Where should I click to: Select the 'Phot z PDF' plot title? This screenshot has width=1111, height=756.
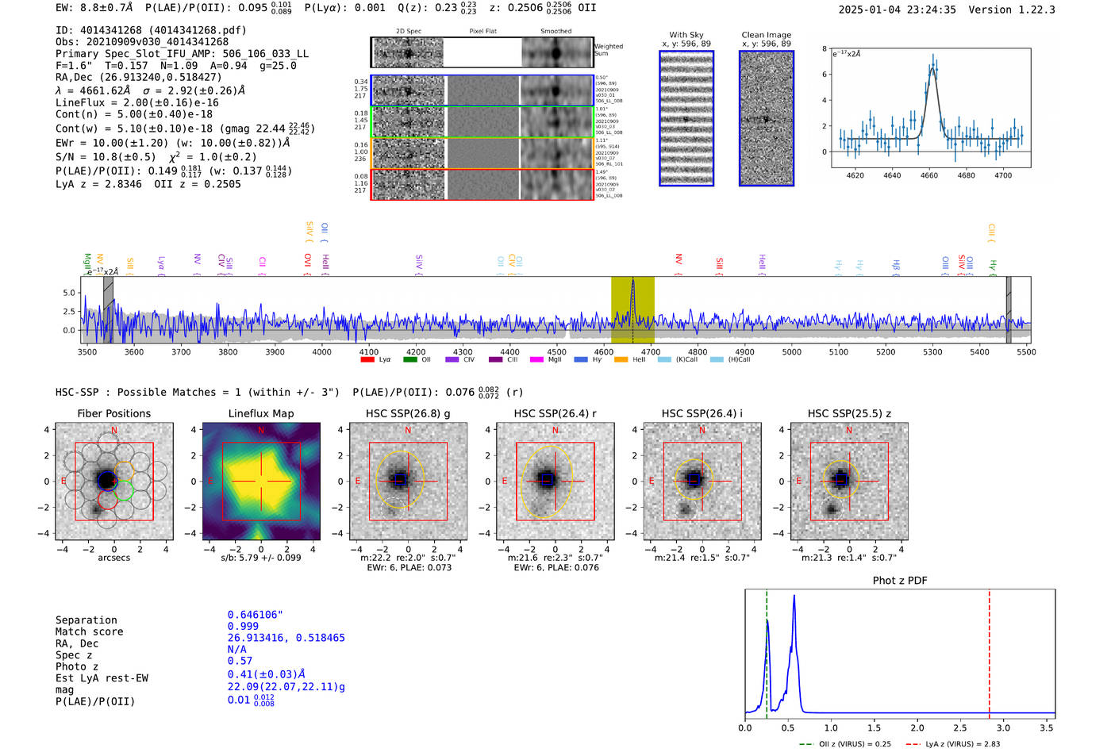coord(900,581)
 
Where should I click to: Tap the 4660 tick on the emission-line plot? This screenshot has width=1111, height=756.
coord(929,175)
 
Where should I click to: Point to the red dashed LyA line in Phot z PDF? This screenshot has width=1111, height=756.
coord(990,650)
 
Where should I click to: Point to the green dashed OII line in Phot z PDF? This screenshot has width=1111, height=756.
coord(767,650)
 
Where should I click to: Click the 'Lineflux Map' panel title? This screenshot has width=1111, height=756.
coord(261,413)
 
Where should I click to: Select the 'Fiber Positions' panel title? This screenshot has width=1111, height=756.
coord(114,413)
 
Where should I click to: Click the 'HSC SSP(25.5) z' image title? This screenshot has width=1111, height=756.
coord(849,413)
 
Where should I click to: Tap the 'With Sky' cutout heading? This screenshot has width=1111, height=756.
coord(686,35)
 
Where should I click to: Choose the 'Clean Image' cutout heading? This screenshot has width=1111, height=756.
coord(767,35)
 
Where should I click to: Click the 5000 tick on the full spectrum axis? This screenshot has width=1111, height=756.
coord(792,352)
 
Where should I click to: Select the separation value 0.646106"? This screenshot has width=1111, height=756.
coord(256,615)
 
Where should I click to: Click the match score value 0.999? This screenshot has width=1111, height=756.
coord(243,626)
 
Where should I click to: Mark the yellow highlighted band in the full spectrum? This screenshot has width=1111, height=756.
coord(632,309)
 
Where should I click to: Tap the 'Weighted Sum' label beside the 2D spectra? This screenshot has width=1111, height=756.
coord(608,50)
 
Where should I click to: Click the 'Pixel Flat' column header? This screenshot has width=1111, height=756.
coord(483,32)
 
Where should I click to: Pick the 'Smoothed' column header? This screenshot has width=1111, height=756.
coord(556,32)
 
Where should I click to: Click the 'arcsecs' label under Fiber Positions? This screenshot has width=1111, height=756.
coord(114,558)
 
